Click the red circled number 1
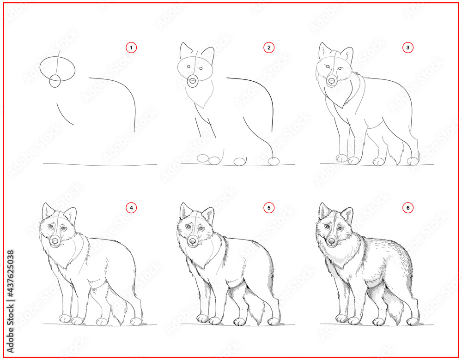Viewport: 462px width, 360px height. pyautogui.click(x=131, y=48)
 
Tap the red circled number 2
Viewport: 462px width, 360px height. pyautogui.click(x=269, y=48)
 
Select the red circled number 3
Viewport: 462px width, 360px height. pyautogui.click(x=408, y=48)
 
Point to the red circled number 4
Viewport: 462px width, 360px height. pyautogui.click(x=131, y=208)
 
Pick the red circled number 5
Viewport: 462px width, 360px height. pyautogui.click(x=269, y=208)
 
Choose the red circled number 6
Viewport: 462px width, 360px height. pyautogui.click(x=408, y=208)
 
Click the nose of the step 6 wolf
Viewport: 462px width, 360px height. pyautogui.click(x=332, y=241)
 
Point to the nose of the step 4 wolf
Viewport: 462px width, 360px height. pyautogui.click(x=55, y=241)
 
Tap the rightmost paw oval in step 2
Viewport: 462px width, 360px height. pyautogui.click(x=274, y=161)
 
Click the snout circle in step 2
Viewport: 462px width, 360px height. pyautogui.click(x=193, y=81)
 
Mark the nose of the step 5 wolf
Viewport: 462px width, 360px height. pyautogui.click(x=193, y=241)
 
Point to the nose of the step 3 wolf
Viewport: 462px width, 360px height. pyautogui.click(x=332, y=80)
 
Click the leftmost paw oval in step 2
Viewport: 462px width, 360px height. pyautogui.click(x=203, y=158)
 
